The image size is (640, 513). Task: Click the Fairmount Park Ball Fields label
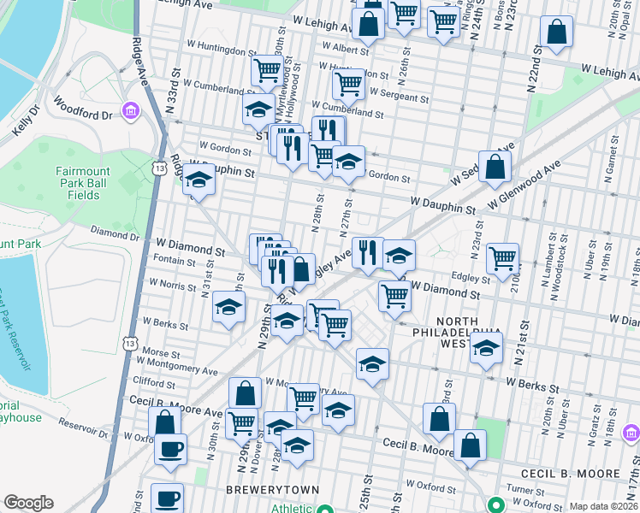[82, 183]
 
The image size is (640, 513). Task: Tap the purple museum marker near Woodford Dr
[130, 110]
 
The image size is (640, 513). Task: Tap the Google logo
[28, 502]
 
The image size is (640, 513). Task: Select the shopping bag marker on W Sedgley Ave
[495, 168]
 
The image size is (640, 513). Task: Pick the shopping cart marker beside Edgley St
[502, 256]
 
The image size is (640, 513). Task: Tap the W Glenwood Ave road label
[523, 184]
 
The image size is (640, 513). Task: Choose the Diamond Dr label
[115, 236]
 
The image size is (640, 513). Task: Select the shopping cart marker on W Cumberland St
[348, 85]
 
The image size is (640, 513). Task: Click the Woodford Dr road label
[83, 109]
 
